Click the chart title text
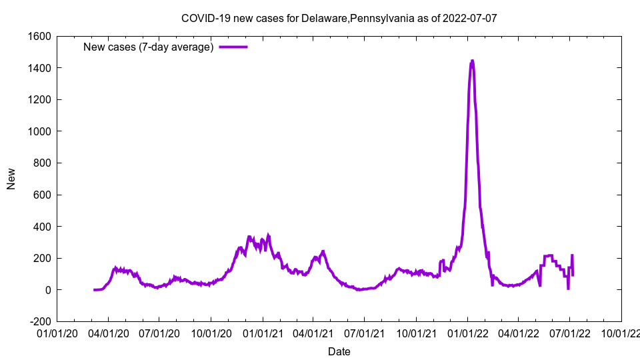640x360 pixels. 339,18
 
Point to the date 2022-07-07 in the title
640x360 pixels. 471,18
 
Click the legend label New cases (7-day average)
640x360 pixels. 148,47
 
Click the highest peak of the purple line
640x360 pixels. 472,61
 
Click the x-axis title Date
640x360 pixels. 339,351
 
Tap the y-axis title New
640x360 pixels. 11,179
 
